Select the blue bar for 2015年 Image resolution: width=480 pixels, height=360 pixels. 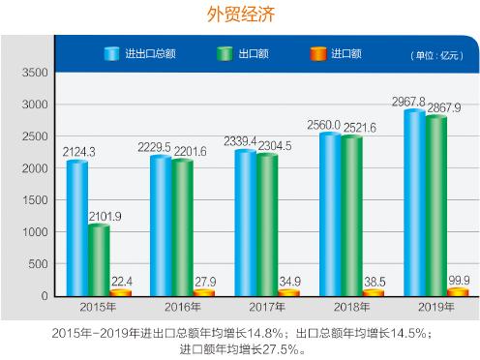click(77, 227)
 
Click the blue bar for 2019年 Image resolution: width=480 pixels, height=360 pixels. click(414, 203)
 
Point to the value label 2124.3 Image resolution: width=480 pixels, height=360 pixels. click(80, 152)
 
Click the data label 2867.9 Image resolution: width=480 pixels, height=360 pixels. click(443, 106)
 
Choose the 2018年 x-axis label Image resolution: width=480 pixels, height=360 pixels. click(353, 307)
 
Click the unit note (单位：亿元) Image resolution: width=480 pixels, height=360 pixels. click(435, 54)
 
